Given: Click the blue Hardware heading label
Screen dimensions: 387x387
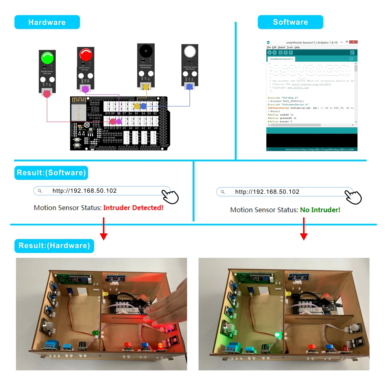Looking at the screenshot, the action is pos(47,22).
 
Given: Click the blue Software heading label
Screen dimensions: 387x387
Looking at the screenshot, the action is pos(290,22).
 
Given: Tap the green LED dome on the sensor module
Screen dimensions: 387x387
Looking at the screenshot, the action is pos(47,58).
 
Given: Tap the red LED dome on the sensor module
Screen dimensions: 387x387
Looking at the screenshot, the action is pos(86,54).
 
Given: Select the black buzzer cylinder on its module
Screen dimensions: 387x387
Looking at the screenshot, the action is pos(146,51).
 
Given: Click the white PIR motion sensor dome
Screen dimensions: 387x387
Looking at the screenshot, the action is pos(190,51).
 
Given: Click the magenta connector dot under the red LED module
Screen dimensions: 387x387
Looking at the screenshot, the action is pos(85,89).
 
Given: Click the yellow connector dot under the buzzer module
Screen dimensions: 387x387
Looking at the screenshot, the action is pos(146,87).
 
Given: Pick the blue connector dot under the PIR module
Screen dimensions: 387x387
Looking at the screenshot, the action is pos(189,87).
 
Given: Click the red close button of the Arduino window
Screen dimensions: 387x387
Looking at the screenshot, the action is pos(354,42).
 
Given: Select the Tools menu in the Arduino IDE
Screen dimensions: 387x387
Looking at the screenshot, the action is pos(290,47).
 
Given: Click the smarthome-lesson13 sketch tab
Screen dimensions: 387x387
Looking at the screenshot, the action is pos(281,59).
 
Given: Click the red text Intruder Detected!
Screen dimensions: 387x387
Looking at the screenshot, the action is pos(133,208).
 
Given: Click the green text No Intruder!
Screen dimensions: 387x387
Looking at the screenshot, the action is pos(320,210).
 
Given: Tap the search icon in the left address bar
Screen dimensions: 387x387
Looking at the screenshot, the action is pos(40,191).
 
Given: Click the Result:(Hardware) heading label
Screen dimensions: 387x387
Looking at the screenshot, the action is pos(54,246).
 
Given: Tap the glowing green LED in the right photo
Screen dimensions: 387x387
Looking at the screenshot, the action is pos(277,335).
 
